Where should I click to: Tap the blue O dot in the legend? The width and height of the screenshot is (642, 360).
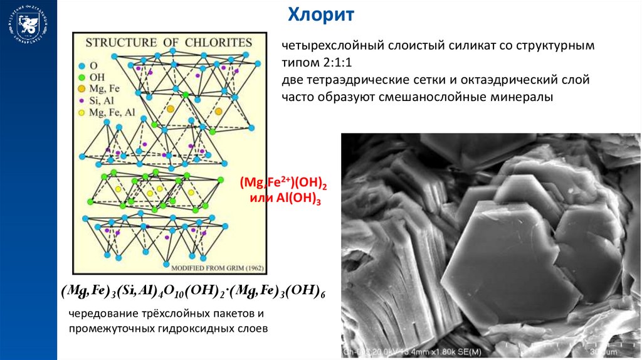point(82,65)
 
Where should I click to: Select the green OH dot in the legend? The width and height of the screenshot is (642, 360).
point(82,77)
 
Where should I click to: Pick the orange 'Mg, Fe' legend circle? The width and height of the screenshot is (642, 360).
point(82,88)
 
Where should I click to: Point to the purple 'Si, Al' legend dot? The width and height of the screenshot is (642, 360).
point(82,100)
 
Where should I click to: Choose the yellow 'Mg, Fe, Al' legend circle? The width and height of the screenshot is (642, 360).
point(82,112)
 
